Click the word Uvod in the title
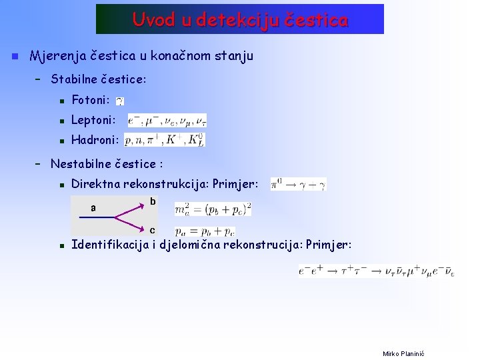(x=153, y=20)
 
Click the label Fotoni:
(x=91, y=101)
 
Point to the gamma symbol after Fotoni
(x=119, y=101)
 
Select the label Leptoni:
(x=93, y=121)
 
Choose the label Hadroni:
(x=95, y=140)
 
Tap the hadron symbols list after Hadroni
(x=165, y=140)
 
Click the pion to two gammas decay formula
(x=298, y=184)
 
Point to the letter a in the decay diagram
(x=93, y=207)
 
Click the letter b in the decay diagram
(x=153, y=201)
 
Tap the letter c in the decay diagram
(x=153, y=231)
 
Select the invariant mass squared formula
(x=213, y=209)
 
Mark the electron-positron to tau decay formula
(x=376, y=271)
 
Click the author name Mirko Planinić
(x=403, y=353)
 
